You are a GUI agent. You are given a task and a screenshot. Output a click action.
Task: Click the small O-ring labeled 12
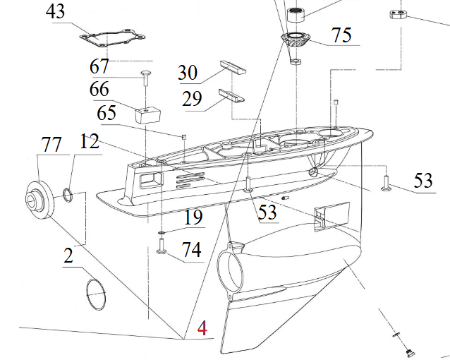coord(67,193)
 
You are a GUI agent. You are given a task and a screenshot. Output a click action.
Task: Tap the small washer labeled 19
coord(161,232)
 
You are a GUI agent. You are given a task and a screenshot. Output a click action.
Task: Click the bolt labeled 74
coord(161,248)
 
